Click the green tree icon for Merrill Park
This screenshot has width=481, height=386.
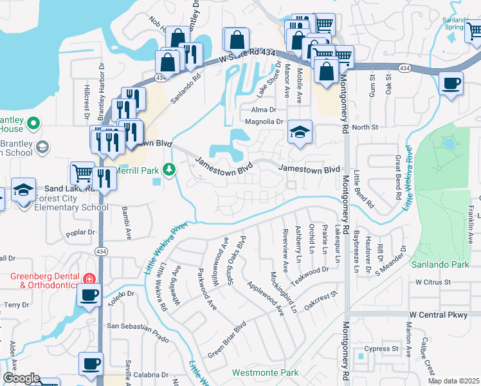pos(169,169)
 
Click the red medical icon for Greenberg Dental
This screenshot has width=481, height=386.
pos(87,279)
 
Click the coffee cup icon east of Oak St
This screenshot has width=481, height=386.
pos(451,84)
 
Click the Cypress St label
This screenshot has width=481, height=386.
pos(382,349)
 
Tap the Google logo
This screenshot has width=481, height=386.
pos(21,378)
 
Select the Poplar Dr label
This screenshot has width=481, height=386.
pos(80,232)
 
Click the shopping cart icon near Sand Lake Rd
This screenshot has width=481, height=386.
pos(82,174)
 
